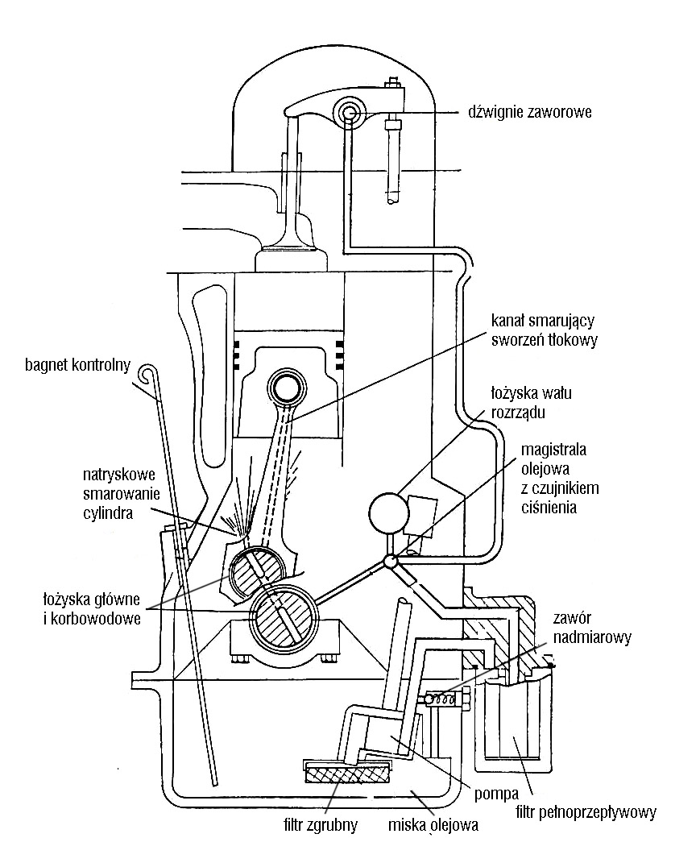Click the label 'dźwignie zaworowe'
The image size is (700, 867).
[x=530, y=112]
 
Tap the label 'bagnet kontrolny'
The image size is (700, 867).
[x=78, y=366]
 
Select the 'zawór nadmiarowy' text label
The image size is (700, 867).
[x=591, y=628]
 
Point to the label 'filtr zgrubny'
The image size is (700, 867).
[x=321, y=825]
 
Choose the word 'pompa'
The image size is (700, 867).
[x=496, y=794]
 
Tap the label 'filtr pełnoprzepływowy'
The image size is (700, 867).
[x=586, y=812]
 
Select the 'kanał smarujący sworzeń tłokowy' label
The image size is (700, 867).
[x=544, y=330]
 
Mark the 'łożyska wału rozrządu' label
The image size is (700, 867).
[x=531, y=403]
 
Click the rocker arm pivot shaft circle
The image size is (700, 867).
[x=349, y=112]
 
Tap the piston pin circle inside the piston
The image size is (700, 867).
[x=288, y=389]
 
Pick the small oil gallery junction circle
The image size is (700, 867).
[x=391, y=562]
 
